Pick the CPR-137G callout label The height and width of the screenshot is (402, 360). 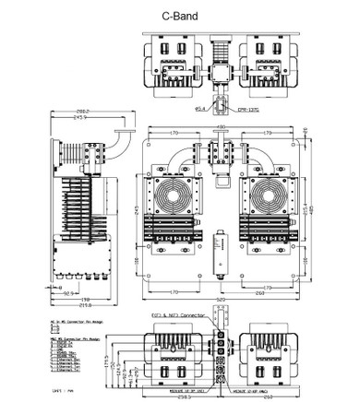(247, 110)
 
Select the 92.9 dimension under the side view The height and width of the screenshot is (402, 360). (68, 292)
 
